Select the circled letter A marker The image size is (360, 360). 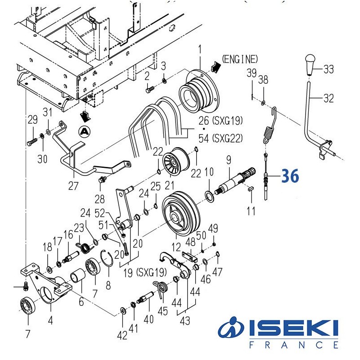click(83, 131)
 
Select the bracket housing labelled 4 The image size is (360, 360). click(45, 288)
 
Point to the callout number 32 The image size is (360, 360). click(328, 98)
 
